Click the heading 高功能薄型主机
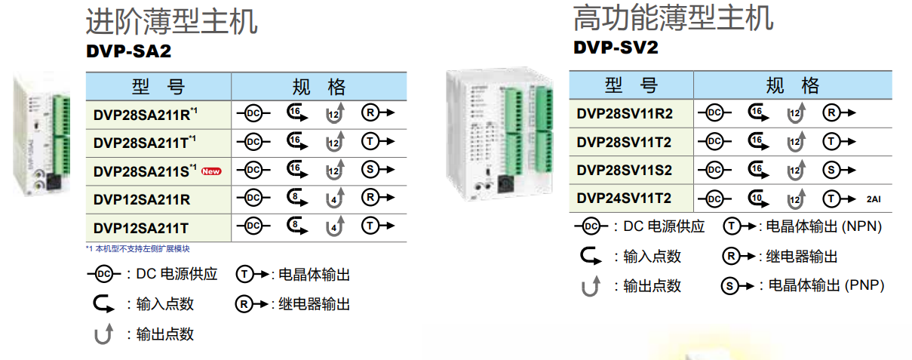coord(673,17)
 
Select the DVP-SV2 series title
coord(616,48)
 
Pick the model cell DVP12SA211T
coord(141,226)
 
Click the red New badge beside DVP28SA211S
coord(211,171)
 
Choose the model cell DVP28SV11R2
coord(624,113)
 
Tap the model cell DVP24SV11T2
coord(624,198)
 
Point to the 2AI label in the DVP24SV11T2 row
coord(873,199)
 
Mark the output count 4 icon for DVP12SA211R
coord(336,198)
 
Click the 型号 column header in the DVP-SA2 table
coord(158,86)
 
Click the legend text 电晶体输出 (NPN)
coord(824,226)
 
